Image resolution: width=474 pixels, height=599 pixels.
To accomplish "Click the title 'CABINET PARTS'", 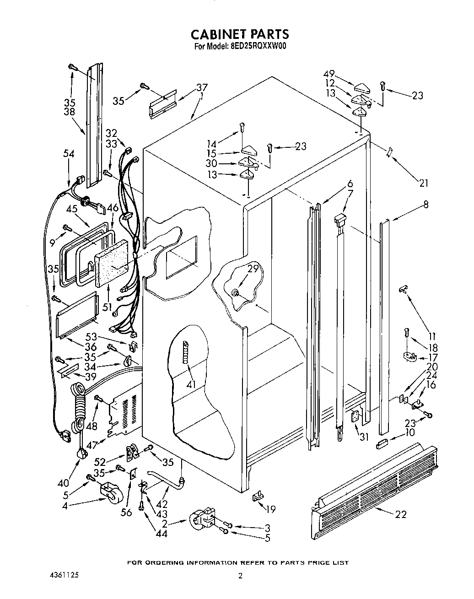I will (x=239, y=34).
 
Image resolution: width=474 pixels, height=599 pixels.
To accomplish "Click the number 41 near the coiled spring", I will (x=191, y=384).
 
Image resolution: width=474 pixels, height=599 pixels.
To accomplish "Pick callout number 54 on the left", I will (x=69, y=154).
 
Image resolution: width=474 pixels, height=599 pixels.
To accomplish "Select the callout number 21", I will (x=424, y=183).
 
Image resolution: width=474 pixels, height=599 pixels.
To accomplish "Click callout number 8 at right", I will (x=426, y=205).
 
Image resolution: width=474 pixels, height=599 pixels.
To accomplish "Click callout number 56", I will (x=126, y=513).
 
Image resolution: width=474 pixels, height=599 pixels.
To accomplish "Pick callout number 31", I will (x=364, y=437).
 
